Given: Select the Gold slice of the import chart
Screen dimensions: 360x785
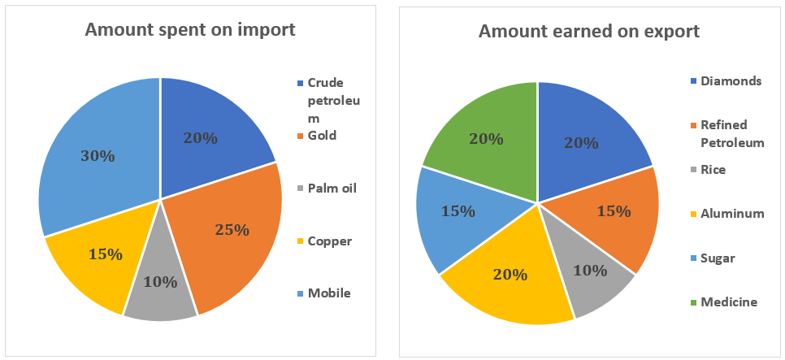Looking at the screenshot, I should [236, 236].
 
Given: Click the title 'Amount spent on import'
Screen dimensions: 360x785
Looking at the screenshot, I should [189, 31].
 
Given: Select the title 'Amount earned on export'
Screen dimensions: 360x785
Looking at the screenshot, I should [589, 32].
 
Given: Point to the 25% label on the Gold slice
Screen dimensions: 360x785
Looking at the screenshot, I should [232, 230].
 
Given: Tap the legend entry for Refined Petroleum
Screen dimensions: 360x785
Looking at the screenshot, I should [732, 134].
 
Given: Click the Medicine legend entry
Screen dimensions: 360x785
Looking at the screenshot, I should [728, 302].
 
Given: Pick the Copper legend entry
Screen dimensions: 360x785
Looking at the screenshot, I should [330, 241].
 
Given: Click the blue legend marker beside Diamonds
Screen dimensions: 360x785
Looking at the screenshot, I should [693, 81].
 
